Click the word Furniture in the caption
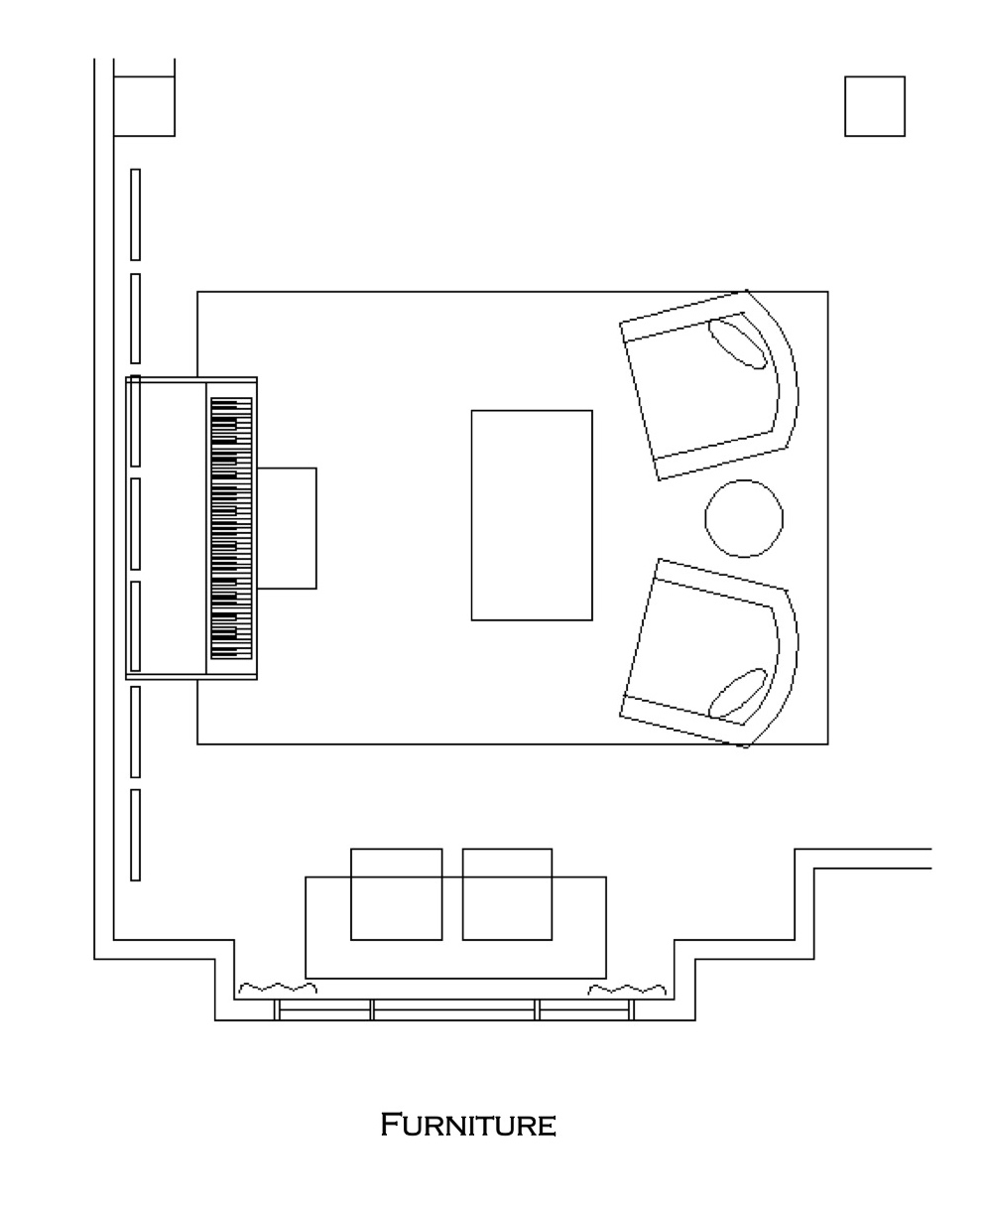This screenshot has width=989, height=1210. point(468,1125)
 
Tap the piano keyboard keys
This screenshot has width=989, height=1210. point(231,528)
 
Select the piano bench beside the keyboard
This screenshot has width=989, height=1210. point(287,528)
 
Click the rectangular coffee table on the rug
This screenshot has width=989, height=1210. point(532,515)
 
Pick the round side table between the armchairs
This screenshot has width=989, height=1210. point(744,518)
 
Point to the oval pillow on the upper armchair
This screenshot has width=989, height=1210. point(737,343)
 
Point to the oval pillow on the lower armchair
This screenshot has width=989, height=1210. point(737,693)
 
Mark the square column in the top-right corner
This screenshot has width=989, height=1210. point(874,106)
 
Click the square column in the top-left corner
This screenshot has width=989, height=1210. point(144,106)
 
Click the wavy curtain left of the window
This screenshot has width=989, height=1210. point(278,988)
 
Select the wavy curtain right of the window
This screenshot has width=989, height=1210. point(627,989)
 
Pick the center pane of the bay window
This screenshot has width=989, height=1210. point(453,1009)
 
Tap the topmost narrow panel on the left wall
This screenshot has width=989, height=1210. point(135,214)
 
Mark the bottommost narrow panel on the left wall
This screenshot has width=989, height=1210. point(135,835)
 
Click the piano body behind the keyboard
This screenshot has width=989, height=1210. point(166,528)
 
